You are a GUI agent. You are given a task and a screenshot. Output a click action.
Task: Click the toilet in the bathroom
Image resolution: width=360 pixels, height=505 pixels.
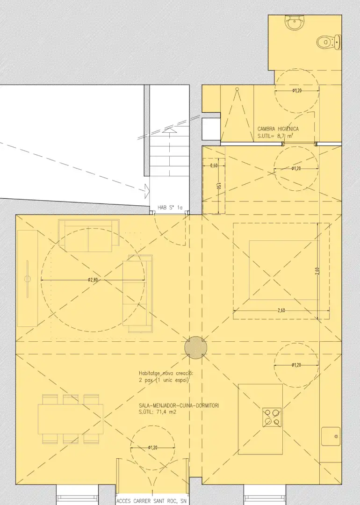tap(329, 42)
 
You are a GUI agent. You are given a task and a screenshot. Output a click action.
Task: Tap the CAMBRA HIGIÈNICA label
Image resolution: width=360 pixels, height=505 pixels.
tap(278, 129)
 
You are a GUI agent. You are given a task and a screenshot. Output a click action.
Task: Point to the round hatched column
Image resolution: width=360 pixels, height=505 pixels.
tap(196, 347)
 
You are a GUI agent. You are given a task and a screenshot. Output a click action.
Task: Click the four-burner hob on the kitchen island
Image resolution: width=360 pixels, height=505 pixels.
tap(272, 418)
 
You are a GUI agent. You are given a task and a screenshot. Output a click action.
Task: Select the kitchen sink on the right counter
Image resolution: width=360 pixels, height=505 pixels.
tap(331, 436)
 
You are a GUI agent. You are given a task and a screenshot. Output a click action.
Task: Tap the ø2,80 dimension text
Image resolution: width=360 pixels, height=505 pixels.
tap(93, 280)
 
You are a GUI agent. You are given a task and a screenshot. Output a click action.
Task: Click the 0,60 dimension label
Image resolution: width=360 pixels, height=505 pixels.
tap(214, 166)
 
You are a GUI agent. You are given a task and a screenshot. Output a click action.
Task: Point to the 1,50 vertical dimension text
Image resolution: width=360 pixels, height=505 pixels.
tap(219, 186)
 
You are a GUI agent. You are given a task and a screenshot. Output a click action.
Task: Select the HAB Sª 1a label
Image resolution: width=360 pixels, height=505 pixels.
tap(170, 208)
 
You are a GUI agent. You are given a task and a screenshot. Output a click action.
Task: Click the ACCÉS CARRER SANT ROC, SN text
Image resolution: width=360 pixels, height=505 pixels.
tap(151, 501)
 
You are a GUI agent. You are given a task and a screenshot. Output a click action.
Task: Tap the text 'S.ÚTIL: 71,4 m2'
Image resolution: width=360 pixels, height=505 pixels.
tap(158, 412)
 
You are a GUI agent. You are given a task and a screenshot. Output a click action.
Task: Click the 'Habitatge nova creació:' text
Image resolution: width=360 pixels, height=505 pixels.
tap(166, 373)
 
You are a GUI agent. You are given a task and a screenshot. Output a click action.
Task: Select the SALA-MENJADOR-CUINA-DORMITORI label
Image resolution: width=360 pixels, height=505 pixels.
tap(179, 405)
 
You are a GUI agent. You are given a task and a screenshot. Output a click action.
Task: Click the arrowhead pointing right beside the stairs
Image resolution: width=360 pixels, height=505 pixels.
tap(148, 191)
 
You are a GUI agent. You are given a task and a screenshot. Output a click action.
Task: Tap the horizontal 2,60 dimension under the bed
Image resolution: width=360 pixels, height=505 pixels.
tap(281, 310)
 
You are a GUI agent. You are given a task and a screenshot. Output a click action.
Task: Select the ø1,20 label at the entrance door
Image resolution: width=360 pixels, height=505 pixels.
tap(153, 447)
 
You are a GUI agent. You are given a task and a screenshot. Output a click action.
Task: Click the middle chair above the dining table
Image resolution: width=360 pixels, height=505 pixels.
tap(71, 399)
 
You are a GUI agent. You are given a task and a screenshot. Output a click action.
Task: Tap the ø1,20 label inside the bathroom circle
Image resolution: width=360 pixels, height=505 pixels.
tap(297, 91)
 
